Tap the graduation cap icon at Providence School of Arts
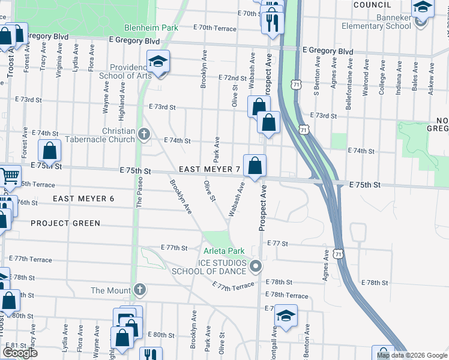tap(158, 62)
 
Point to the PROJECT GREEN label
tap(65, 223)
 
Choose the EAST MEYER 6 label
tap(83, 199)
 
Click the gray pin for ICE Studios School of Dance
tap(256, 266)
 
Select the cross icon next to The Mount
tap(139, 290)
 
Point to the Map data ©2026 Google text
tap(412, 355)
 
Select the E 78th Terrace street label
tap(289, 296)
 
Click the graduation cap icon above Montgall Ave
tap(286, 315)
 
